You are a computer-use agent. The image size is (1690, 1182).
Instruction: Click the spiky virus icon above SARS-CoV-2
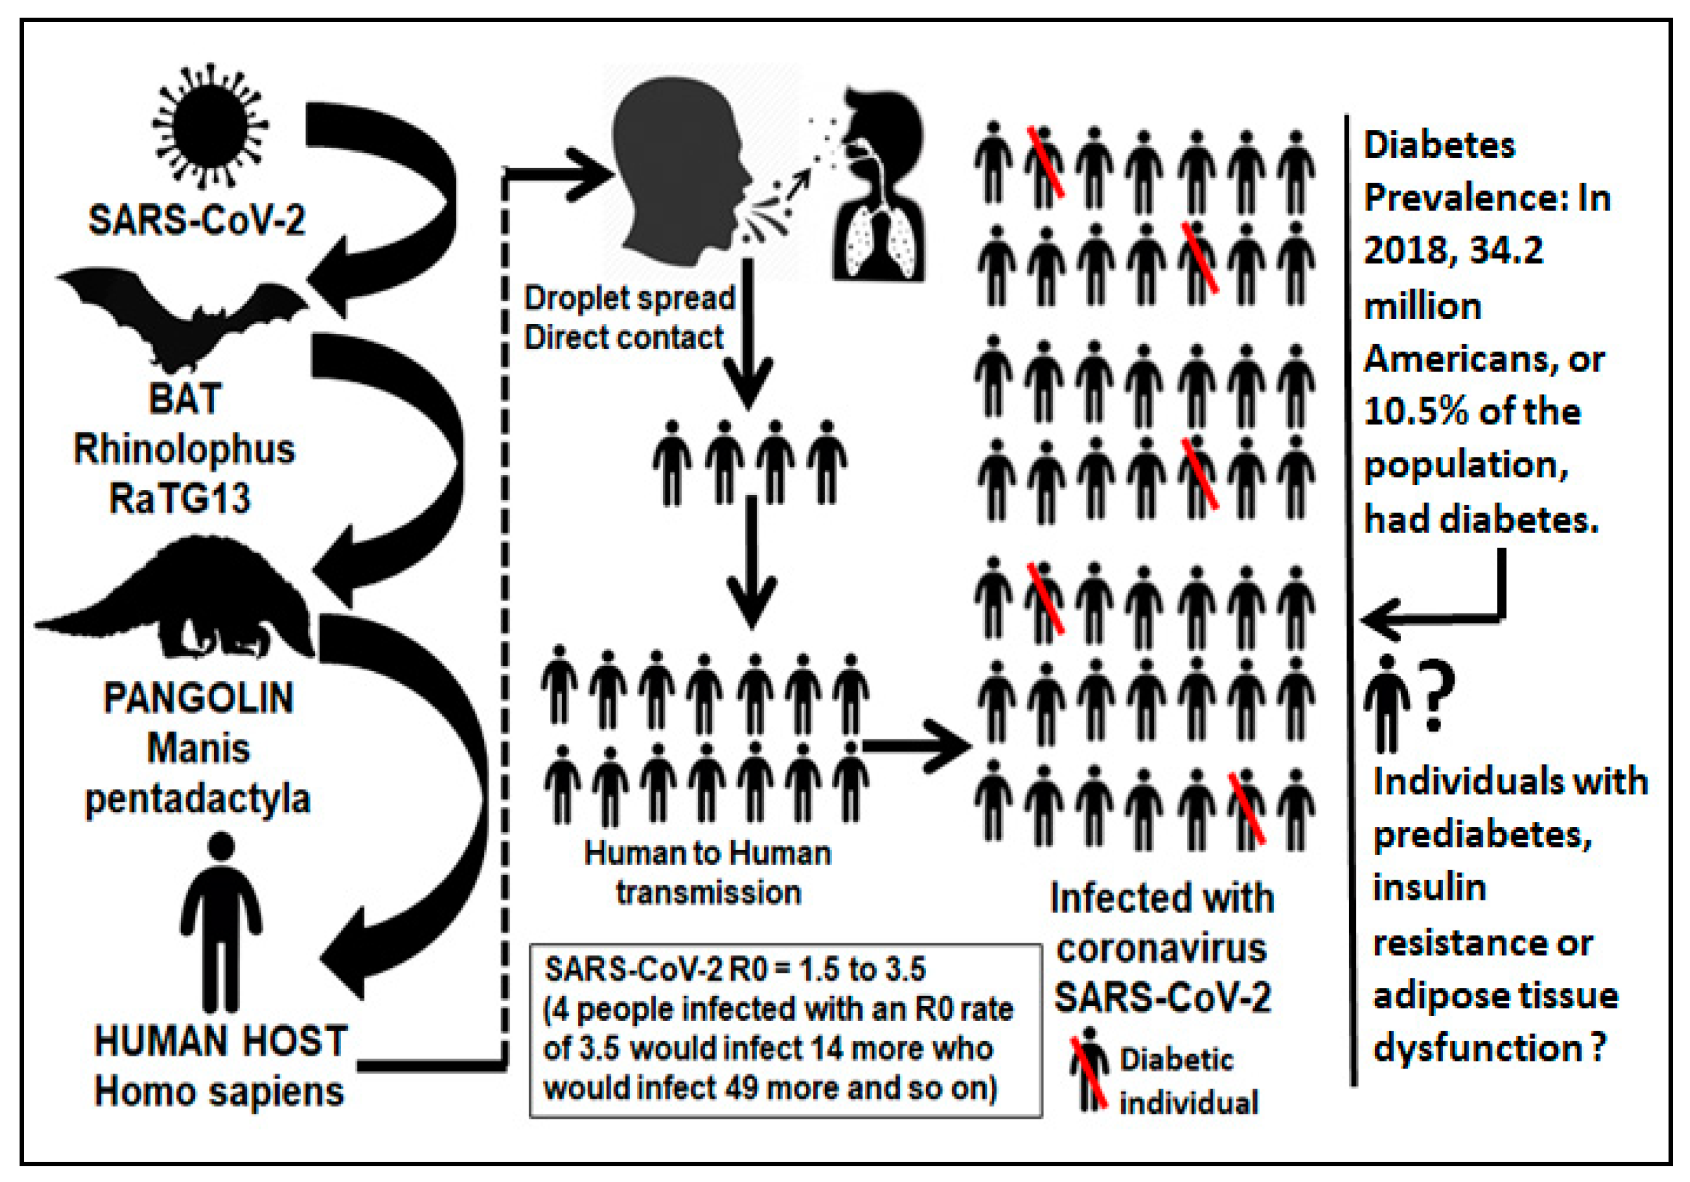click(210, 125)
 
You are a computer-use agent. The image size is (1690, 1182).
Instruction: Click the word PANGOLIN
click(198, 697)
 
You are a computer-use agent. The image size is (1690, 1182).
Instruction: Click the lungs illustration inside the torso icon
click(880, 243)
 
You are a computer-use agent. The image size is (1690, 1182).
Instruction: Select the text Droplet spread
click(629, 298)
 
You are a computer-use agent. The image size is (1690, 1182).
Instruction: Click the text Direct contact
click(624, 338)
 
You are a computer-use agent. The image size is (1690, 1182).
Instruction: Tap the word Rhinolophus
click(184, 449)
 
